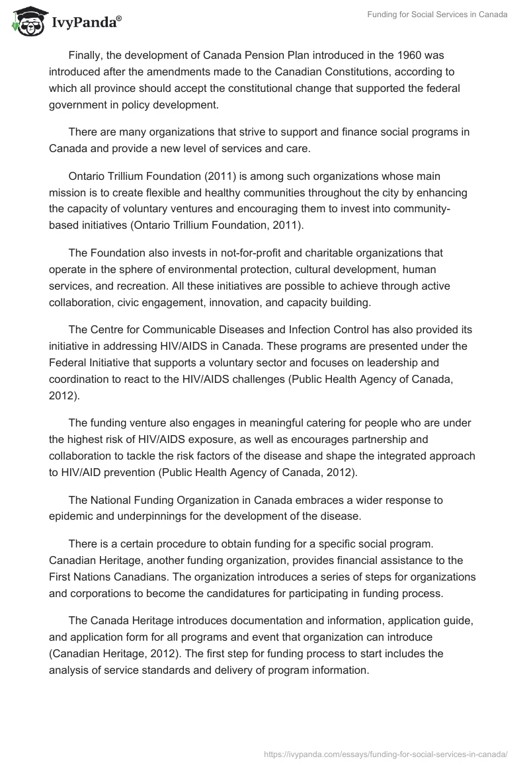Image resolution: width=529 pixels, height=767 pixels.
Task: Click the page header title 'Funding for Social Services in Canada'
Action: (437, 15)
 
